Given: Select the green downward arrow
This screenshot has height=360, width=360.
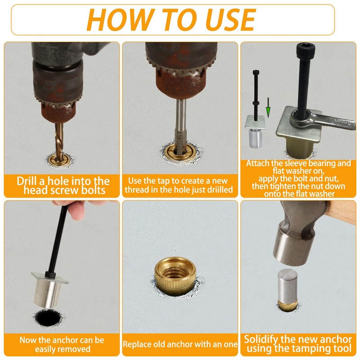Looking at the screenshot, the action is [268, 108].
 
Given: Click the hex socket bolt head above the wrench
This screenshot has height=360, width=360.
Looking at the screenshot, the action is [306, 49].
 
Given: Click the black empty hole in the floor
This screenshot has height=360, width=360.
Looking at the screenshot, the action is [48, 318].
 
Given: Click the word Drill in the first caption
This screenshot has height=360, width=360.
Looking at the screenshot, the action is [27, 181].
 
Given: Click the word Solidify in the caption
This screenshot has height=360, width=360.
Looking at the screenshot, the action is [261, 339].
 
